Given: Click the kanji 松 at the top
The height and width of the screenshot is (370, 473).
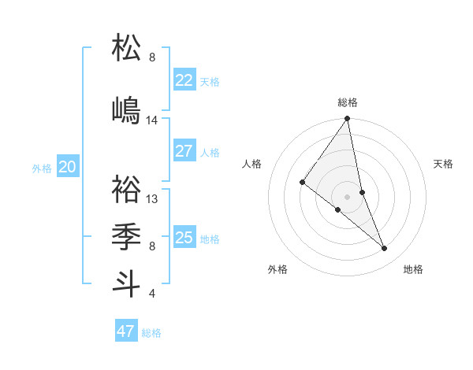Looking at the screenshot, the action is pyautogui.click(x=127, y=48).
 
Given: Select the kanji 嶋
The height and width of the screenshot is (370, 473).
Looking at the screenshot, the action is pyautogui.click(x=127, y=109).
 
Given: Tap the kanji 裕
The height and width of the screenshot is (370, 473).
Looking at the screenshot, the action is pyautogui.click(x=127, y=189).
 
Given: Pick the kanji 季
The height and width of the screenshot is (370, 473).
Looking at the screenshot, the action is pyautogui.click(x=127, y=235).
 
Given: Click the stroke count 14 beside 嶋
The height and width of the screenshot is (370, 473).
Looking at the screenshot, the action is pyautogui.click(x=152, y=120).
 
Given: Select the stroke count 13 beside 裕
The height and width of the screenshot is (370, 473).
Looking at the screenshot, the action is pyautogui.click(x=152, y=199).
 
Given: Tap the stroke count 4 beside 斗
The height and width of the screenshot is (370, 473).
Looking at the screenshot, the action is pyautogui.click(x=151, y=294).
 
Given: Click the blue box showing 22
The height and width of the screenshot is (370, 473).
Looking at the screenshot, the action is pyautogui.click(x=184, y=80).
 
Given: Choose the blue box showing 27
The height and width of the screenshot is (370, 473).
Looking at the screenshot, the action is pyautogui.click(x=184, y=151).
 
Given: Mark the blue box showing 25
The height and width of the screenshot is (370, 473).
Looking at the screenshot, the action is pyautogui.click(x=184, y=237).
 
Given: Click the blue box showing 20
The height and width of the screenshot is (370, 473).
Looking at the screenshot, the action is pyautogui.click(x=68, y=166).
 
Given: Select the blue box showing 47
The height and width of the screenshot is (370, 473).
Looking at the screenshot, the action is pyautogui.click(x=126, y=331).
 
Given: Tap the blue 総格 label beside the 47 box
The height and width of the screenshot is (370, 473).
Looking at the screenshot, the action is pyautogui.click(x=151, y=333).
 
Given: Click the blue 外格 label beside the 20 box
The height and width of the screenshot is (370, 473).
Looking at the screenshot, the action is pyautogui.click(x=42, y=168).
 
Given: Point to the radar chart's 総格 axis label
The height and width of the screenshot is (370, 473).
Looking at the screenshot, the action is pyautogui.click(x=348, y=102).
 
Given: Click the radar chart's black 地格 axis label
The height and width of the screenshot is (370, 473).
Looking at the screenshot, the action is pyautogui.click(x=413, y=269).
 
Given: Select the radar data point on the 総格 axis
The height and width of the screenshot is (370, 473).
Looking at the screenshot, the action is pyautogui.click(x=348, y=119).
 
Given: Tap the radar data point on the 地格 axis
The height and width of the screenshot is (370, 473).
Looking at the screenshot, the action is pyautogui.click(x=385, y=248).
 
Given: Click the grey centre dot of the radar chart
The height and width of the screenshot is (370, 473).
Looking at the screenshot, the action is pyautogui.click(x=347, y=196).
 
